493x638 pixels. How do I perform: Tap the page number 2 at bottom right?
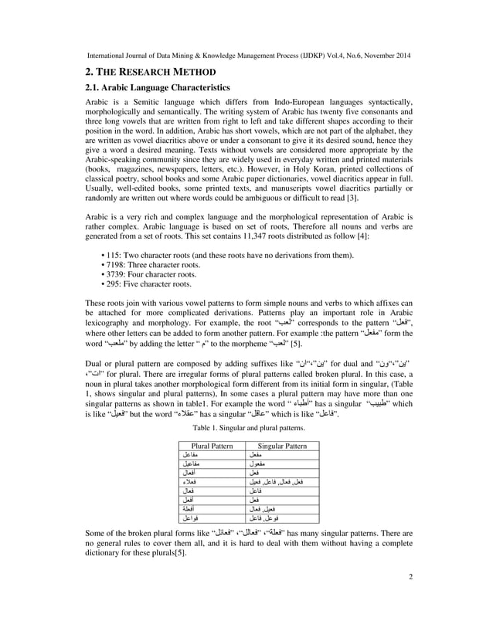pos(410,597)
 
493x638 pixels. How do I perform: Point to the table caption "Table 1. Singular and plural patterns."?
pos(248,428)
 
